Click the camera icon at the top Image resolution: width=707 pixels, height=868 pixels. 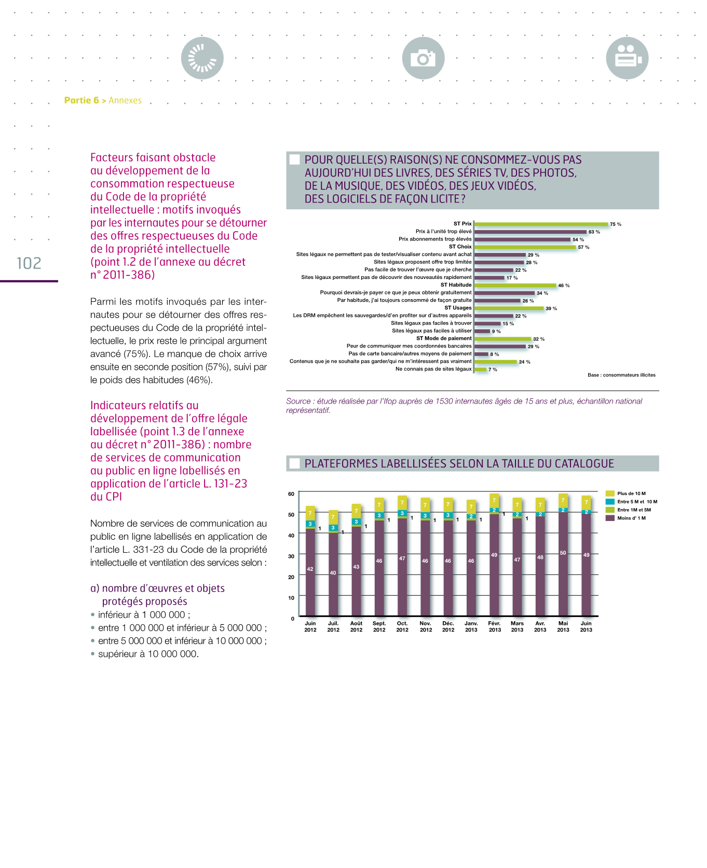point(423,58)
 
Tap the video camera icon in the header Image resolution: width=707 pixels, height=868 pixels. point(627,58)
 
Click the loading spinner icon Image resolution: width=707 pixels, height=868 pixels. point(202,58)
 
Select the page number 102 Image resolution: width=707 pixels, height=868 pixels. point(29,263)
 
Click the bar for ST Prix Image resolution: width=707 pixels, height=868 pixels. point(541,224)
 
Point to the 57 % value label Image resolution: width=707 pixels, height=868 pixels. point(583,247)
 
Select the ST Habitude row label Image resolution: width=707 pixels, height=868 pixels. point(456,285)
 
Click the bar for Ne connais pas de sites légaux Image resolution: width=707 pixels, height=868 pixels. point(481,369)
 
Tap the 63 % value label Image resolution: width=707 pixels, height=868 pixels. point(594,232)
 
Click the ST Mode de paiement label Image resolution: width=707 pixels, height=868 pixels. point(444,338)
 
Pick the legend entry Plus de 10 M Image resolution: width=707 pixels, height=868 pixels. point(631,493)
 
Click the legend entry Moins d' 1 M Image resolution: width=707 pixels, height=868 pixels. point(631,518)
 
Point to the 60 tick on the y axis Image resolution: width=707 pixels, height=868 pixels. point(291,494)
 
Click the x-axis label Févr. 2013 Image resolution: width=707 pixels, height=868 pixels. point(495,626)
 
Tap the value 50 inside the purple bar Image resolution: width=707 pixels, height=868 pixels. point(563,553)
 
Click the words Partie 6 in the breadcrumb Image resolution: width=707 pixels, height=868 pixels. point(81,100)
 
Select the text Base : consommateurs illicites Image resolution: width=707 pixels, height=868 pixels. point(621,375)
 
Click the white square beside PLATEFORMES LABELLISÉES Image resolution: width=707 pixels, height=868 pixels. point(294,463)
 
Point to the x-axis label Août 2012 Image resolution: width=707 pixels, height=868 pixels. point(356,626)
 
